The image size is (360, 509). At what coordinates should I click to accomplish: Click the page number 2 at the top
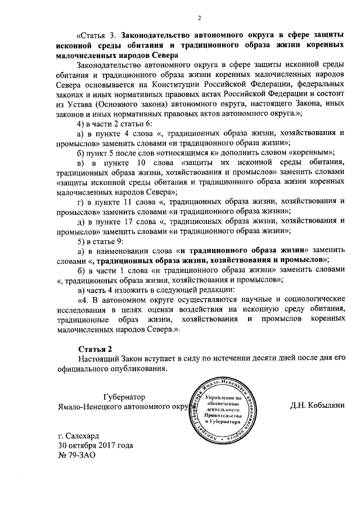[199, 18]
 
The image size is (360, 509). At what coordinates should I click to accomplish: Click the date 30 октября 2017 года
[96, 445]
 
